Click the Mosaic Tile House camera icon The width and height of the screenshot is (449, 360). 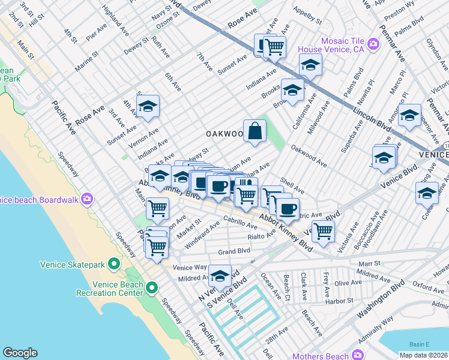pos(373,44)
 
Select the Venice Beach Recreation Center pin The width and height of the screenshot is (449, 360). pos(152,289)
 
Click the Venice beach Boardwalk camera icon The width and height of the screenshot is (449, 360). pos(88,199)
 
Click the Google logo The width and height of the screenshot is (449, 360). pos(20,352)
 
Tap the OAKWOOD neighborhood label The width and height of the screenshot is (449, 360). pos(224,133)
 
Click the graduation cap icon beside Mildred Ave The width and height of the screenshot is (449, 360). pos(220,276)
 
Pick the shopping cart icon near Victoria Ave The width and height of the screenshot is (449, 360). pos(323,230)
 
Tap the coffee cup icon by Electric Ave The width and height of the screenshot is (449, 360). pos(288,208)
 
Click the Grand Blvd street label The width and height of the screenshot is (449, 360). pos(234,251)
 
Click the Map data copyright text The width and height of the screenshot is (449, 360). pos(423,355)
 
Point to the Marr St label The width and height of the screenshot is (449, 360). pos(369,263)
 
